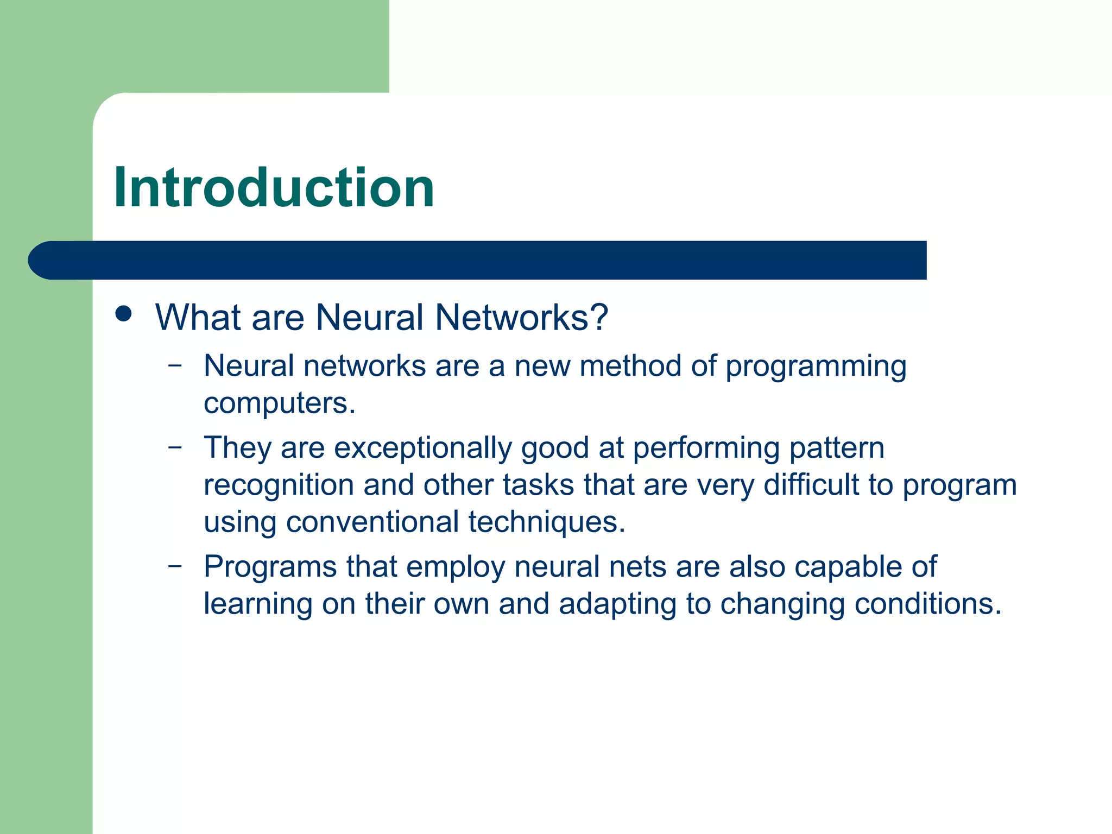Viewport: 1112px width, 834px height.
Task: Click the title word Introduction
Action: (274, 188)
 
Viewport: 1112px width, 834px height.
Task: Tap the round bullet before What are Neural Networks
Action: (124, 314)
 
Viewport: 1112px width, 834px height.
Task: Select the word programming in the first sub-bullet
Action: (816, 367)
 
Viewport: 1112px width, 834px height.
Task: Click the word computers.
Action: (279, 403)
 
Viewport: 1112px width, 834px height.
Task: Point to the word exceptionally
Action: (422, 449)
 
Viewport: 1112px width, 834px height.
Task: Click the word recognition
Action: (279, 485)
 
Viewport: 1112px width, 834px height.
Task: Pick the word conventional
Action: (372, 522)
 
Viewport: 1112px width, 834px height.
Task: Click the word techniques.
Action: (546, 522)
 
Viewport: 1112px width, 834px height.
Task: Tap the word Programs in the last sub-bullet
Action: (270, 567)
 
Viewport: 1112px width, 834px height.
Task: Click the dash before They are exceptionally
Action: (175, 447)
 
